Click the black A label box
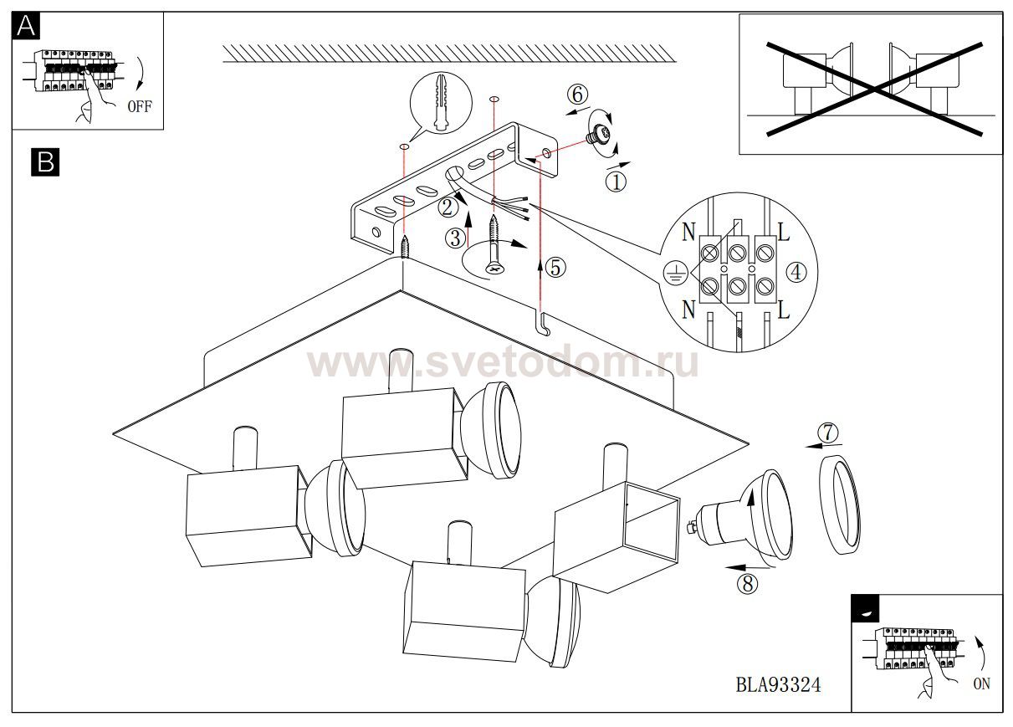tap(26, 26)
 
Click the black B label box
tap(45, 161)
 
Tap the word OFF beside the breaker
tap(140, 107)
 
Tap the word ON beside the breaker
tap(982, 683)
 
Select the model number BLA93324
tap(778, 685)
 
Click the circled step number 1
tap(616, 182)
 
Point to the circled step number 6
tap(577, 95)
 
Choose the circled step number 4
tap(796, 272)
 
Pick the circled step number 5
tap(555, 268)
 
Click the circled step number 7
tap(827, 433)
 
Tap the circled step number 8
tap(747, 583)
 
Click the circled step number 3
tap(455, 238)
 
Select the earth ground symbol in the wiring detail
tap(675, 274)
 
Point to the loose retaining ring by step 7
tap(839, 504)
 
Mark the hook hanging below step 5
tap(544, 324)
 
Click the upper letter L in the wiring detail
tap(783, 233)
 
